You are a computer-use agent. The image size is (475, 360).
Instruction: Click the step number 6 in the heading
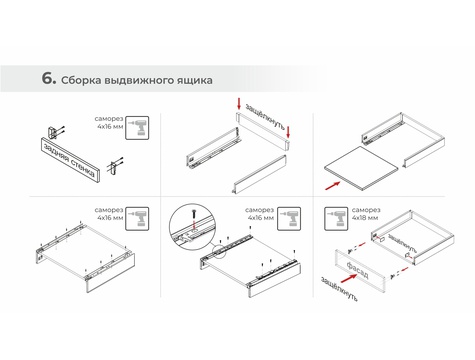coord(49,78)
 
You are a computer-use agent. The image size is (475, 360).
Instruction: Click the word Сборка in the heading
coord(81,80)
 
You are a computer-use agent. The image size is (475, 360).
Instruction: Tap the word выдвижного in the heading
coord(139,81)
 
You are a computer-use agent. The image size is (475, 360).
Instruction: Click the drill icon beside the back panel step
coord(137,128)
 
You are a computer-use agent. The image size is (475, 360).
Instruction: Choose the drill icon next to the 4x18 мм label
coord(336,219)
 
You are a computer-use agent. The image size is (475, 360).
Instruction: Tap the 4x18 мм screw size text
coord(366,218)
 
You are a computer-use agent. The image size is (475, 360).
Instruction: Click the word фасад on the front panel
coord(357,270)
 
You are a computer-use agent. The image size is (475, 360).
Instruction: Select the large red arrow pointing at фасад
coord(349,278)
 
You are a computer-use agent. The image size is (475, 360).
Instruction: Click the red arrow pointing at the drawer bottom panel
coord(333,186)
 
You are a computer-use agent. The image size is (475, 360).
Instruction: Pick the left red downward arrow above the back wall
coord(239,104)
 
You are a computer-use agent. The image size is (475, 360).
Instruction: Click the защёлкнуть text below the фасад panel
coord(339,289)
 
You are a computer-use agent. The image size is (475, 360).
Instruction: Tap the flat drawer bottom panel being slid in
coord(361,168)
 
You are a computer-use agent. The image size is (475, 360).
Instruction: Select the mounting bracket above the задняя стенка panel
coord(54,132)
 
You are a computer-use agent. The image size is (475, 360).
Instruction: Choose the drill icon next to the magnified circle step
coord(289,219)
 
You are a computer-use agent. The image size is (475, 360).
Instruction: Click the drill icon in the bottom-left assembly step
coord(137,219)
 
